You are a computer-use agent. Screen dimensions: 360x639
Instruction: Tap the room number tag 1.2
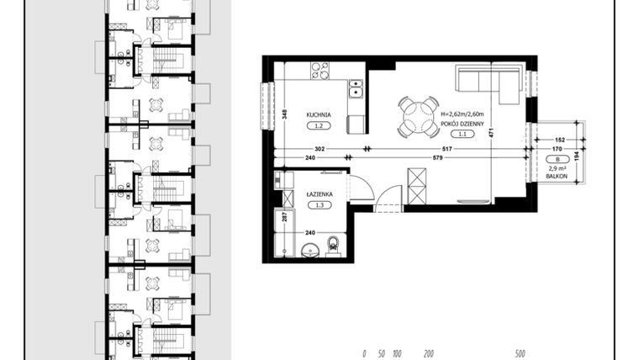tap(318, 125)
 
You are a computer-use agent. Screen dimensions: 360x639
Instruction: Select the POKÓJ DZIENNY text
tap(459, 123)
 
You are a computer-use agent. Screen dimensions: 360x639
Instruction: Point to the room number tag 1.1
tap(459, 134)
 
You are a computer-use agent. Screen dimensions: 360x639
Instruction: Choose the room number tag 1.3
tap(318, 204)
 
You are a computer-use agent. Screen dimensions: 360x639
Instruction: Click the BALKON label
tap(556, 176)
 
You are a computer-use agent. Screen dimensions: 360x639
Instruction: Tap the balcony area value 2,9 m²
tap(556, 168)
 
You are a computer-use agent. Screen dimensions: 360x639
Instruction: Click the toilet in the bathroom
tap(334, 245)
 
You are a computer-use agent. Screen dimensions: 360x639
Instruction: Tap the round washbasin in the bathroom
tap(309, 248)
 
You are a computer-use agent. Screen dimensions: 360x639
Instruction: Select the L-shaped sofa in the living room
tap(488, 80)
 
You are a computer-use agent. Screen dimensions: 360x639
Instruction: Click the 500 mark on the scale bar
tap(520, 354)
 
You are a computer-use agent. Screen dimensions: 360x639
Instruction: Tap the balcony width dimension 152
tap(558, 140)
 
